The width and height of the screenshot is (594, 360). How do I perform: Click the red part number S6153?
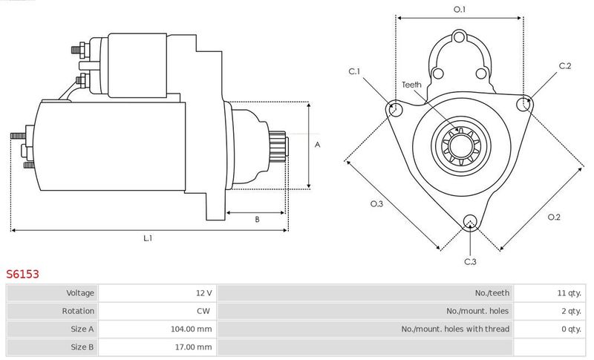point(22,274)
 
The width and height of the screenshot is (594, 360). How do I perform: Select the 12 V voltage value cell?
point(203,292)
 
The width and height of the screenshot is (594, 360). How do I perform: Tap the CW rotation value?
point(203,311)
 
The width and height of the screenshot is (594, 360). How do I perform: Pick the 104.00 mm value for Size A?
point(192,329)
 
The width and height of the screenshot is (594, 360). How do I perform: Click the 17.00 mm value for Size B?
point(193,347)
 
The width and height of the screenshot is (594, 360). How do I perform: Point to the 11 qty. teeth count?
point(569,292)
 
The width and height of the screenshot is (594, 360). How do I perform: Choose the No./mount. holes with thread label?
point(455,329)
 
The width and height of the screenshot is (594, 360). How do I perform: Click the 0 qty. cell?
point(571,329)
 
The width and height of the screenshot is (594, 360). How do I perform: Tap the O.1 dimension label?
point(460,10)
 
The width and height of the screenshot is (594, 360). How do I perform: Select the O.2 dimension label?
point(554,217)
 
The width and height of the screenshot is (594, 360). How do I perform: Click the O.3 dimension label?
point(376,203)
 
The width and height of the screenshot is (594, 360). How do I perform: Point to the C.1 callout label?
point(354,71)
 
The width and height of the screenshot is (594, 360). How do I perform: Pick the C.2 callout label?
point(565,66)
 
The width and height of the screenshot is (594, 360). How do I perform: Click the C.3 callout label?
point(470,261)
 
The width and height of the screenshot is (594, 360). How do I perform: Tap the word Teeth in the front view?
point(411,85)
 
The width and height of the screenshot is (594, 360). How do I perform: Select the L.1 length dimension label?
point(148,238)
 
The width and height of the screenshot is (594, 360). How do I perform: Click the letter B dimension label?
point(257,219)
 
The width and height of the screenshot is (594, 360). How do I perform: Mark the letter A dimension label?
point(318,145)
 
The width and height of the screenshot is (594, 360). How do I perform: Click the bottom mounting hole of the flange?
point(470,222)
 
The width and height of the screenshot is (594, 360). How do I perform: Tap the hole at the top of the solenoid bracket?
point(459,37)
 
